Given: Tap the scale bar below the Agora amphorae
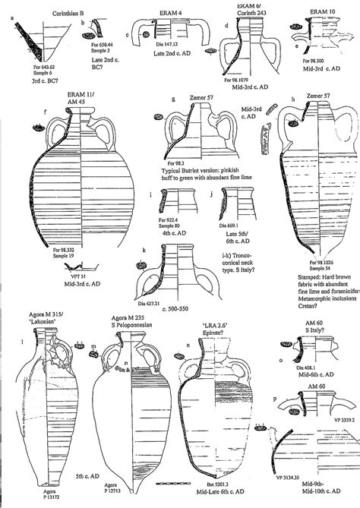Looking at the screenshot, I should pyautogui.click(x=165, y=481).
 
